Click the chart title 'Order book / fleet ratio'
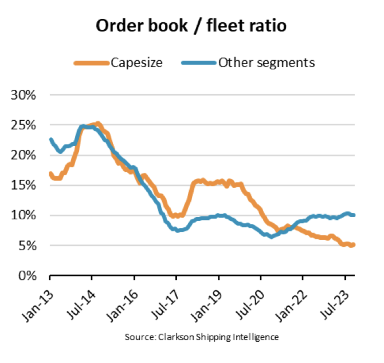192,26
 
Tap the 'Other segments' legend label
266,62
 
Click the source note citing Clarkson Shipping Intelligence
202,337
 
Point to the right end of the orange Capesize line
353,245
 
